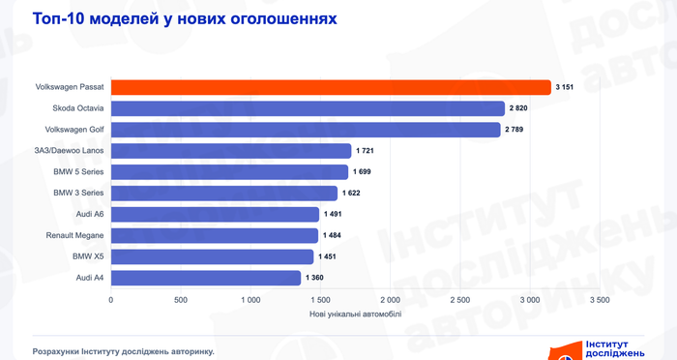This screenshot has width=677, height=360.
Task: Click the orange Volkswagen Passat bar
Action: (331, 87)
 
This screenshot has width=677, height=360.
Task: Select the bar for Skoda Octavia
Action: (308, 108)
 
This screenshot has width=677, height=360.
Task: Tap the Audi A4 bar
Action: (206, 278)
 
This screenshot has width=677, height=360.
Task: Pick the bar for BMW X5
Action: (212, 256)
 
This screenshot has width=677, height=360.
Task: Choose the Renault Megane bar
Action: (215, 235)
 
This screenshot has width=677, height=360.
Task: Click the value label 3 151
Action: (564, 87)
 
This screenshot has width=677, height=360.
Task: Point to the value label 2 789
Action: (514, 130)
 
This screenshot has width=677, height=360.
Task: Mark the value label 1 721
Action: (365, 151)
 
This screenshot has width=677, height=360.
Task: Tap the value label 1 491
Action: (333, 214)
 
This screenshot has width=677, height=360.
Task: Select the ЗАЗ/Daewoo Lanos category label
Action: (69, 151)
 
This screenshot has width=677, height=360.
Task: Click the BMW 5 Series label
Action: (78, 172)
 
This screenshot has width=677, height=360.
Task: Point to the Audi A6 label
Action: (90, 214)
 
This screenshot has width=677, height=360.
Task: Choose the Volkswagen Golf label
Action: (74, 130)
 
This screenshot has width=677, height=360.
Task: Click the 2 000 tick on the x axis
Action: (390, 300)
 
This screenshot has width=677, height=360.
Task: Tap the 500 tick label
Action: (181, 300)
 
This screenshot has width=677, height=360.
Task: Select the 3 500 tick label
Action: (600, 300)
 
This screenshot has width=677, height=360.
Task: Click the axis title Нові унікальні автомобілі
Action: (355, 315)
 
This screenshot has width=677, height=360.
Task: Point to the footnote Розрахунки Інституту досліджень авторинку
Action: (124, 352)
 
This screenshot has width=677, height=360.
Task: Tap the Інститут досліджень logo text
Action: (615, 349)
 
